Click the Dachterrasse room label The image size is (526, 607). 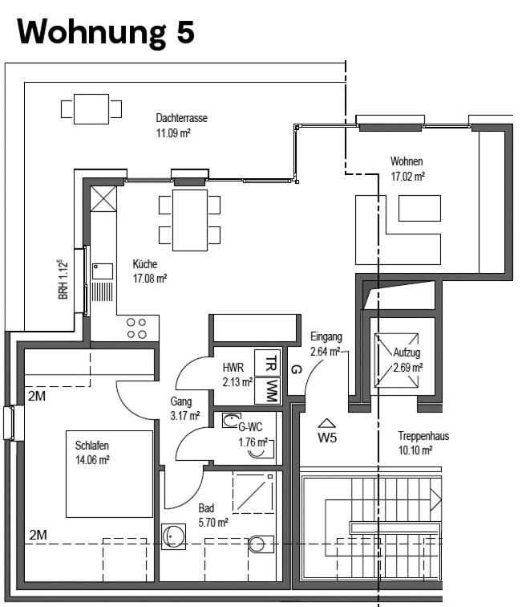pyautogui.click(x=181, y=118)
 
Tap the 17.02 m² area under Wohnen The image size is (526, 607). pyautogui.click(x=408, y=177)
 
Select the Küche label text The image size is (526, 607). pyautogui.click(x=145, y=264)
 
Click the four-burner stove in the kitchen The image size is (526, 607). pyautogui.click(x=137, y=328)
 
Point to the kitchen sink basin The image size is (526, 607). pyautogui.click(x=103, y=271)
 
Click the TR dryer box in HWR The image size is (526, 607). pyautogui.click(x=268, y=362)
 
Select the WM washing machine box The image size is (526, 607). pyautogui.click(x=268, y=390)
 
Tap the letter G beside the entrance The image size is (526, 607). pyautogui.click(x=295, y=369)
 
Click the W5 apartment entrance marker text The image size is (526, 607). pyautogui.click(x=327, y=438)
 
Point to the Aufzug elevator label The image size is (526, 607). pyautogui.click(x=407, y=352)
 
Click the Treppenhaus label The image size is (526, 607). pyautogui.click(x=423, y=436)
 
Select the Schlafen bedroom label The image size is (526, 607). pyautogui.click(x=92, y=445)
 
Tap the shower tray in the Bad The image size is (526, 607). pyautogui.click(x=253, y=492)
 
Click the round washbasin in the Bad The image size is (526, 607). pyautogui.click(x=173, y=536)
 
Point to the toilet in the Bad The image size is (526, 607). pyautogui.click(x=261, y=544)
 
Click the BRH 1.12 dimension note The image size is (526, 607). pyautogui.click(x=63, y=279)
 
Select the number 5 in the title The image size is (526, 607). pyautogui.click(x=185, y=32)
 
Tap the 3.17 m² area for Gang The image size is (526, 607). pyautogui.click(x=185, y=416)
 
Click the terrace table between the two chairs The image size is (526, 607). pyautogui.click(x=91, y=108)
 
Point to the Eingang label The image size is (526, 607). pyautogui.click(x=326, y=336)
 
